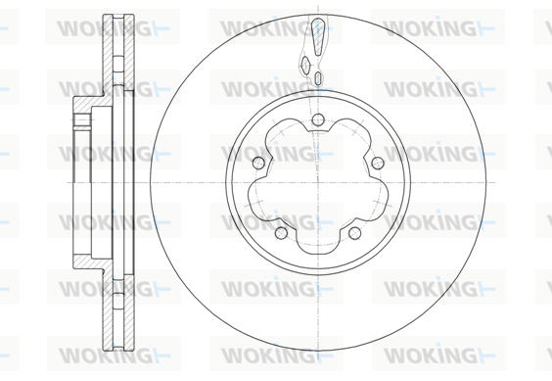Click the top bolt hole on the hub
pyautogui.click(x=318, y=119)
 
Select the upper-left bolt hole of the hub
pyautogui.click(x=258, y=163)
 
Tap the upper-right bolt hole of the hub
pyautogui.click(x=378, y=163)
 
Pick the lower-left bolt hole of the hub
pyautogui.click(x=281, y=233)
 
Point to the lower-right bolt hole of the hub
pyautogui.click(x=354, y=233)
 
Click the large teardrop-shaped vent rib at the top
pyautogui.click(x=317, y=36)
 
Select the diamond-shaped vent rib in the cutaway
pyautogui.click(x=305, y=65)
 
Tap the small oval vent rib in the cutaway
pyautogui.click(x=318, y=77)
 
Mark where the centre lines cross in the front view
pyautogui.click(x=318, y=182)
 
